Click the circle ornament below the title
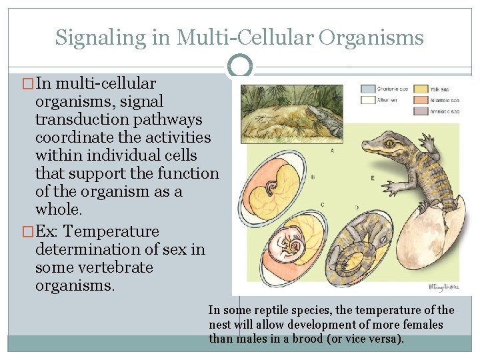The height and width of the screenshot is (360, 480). pos(240,66)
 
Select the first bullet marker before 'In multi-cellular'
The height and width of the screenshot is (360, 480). pos(28,84)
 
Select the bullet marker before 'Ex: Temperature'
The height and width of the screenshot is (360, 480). pos(28,232)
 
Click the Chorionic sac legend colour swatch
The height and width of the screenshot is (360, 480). pos(367,89)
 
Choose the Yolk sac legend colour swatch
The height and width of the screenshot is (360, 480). pos(420,89)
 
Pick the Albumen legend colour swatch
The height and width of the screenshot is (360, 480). pos(367,100)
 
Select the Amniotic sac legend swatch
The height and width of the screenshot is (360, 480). pos(420,111)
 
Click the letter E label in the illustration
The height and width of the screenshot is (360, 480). pos(372,178)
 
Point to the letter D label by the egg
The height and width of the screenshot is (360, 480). pos(359,207)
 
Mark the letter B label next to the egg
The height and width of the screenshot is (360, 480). pos(313,177)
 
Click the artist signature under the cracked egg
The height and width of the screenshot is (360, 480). pos(443,287)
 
